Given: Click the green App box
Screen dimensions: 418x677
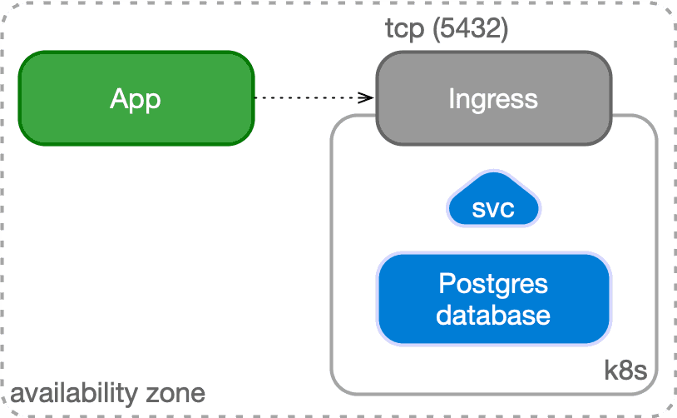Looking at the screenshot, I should pos(136,98).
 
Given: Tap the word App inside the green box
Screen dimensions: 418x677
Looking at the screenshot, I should pos(136,99).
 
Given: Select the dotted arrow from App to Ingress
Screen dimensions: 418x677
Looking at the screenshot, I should pos(312,97).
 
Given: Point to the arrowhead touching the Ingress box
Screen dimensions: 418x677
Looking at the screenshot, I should pos(369,97).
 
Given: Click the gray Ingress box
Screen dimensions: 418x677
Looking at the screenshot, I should pos(493,98).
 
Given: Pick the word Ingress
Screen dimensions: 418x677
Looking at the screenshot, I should pos(493,99).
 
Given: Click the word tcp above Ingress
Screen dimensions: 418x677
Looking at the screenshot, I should pos(403,29).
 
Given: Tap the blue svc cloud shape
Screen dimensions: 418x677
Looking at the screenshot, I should pos(493,202).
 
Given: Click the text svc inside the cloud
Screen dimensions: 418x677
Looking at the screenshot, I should pos(493,209).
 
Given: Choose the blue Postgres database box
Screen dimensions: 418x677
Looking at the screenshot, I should pos(493,299).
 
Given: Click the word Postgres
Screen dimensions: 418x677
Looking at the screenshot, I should pos(493,284).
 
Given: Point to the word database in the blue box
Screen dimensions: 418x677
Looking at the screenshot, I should pos(493,316).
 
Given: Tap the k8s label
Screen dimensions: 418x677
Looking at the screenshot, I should pos(625,370).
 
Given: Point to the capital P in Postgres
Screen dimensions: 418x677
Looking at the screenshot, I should pos(446,284).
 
